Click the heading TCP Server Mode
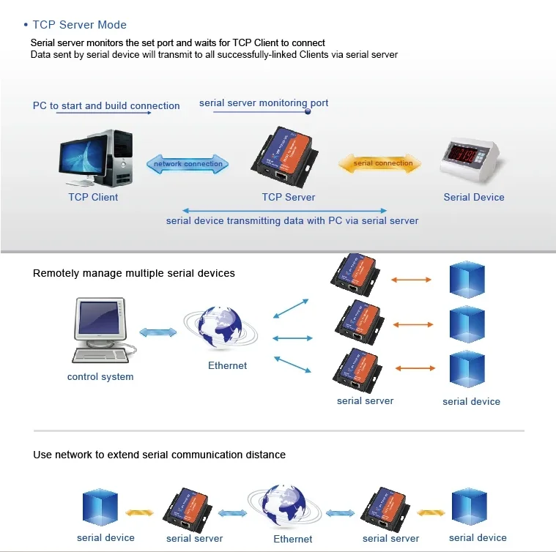point(79,25)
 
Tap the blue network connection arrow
point(188,164)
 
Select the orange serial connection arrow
point(379,163)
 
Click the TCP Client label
point(93,197)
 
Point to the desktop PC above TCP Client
point(96,158)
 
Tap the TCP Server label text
point(289,197)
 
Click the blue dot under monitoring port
point(308,111)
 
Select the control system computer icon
point(100,330)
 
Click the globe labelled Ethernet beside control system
point(220,328)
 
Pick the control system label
point(100,376)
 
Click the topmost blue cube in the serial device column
point(467,279)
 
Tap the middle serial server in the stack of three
point(359,322)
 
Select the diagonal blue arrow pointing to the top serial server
point(291,309)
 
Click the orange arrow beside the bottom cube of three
point(415,368)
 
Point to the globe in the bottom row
point(284,506)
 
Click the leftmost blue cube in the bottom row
point(100,507)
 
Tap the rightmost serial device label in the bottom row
point(478,538)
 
